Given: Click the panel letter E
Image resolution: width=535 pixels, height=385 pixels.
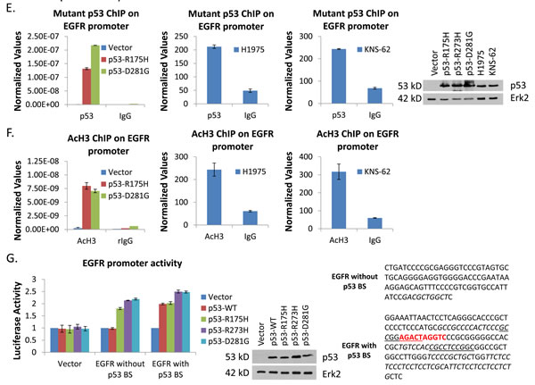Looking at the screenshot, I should pyautogui.click(x=6, y=9).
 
